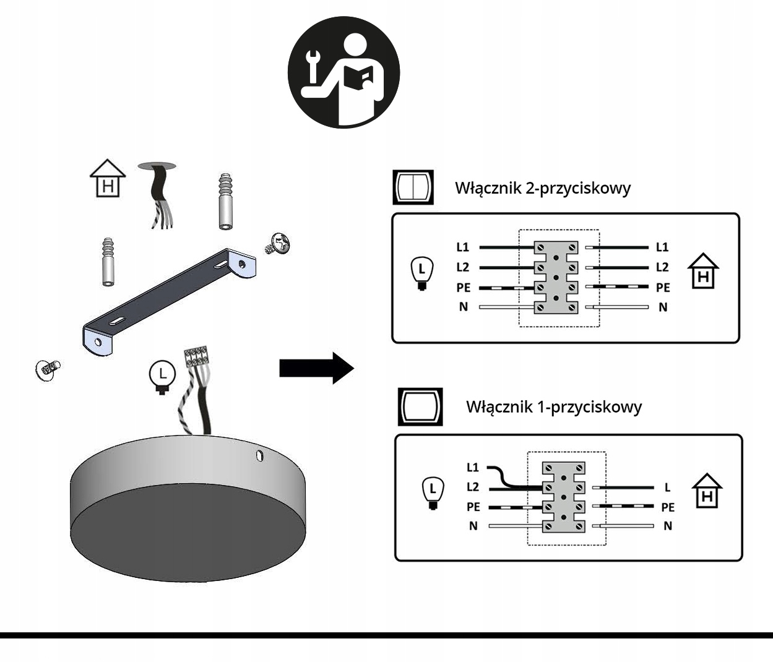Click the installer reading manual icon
coord(343,72)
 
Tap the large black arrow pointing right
coord(316,368)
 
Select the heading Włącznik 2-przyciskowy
coord(543,187)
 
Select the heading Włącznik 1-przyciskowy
coord(553,407)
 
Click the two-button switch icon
coord(413,187)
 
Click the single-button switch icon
coord(420,407)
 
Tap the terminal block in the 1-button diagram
coord(564,497)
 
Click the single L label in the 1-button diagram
coord(667,488)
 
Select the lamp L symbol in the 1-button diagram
coord(433,492)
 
